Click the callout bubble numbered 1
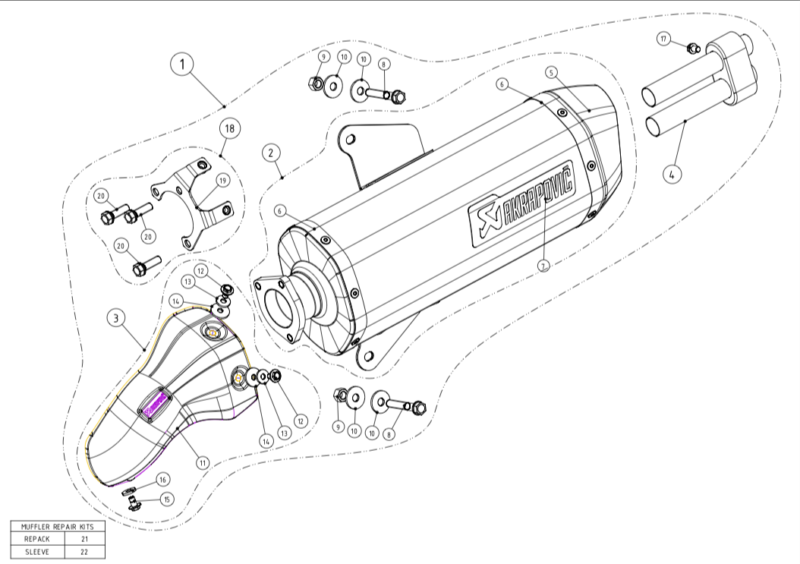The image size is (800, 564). click(x=181, y=65)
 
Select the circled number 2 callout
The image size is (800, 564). click(x=270, y=153)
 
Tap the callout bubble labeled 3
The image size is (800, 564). click(x=115, y=320)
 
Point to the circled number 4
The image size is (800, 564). click(x=670, y=174)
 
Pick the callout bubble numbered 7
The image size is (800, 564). click(x=543, y=265)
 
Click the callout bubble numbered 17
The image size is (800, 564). click(x=664, y=39)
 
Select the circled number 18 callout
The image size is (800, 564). click(x=228, y=128)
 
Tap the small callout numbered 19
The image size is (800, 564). click(x=222, y=180)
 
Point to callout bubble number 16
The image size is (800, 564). click(x=163, y=479)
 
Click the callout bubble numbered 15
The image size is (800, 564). click(x=166, y=499)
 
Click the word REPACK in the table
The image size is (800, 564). click(x=36, y=538)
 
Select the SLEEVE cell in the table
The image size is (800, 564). click(x=36, y=552)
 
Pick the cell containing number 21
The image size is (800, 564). click(x=85, y=538)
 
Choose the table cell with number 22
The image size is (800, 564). click(x=85, y=552)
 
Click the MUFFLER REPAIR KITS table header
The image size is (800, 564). click(x=58, y=525)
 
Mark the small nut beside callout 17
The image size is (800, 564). click(x=691, y=49)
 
